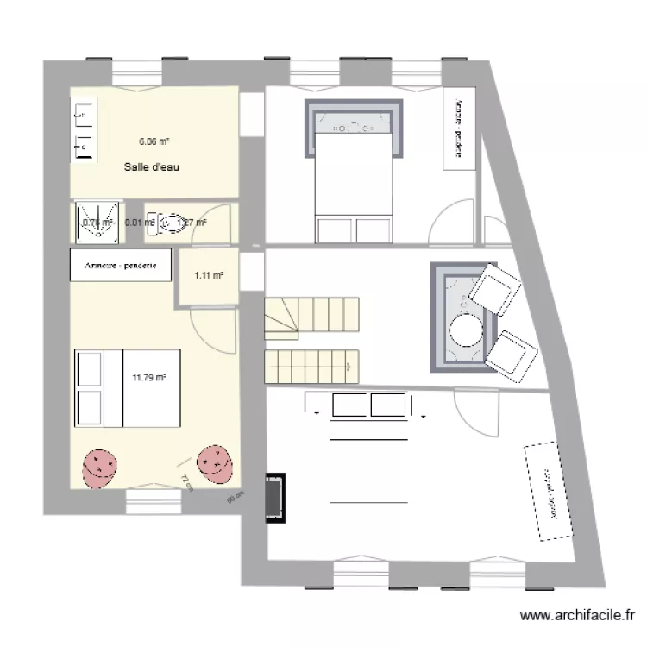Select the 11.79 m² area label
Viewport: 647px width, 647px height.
click(x=148, y=376)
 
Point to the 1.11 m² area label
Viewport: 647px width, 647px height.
click(x=209, y=275)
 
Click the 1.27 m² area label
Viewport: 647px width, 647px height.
click(x=192, y=223)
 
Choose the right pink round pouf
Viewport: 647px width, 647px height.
click(x=215, y=464)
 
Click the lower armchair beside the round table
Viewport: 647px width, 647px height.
click(x=515, y=355)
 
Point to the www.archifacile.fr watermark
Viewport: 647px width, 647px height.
click(x=581, y=616)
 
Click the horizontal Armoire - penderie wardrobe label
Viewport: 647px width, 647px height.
click(x=121, y=265)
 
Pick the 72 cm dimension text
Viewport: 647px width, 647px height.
click(x=185, y=481)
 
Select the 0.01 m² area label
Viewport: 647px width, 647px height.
click(x=139, y=223)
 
